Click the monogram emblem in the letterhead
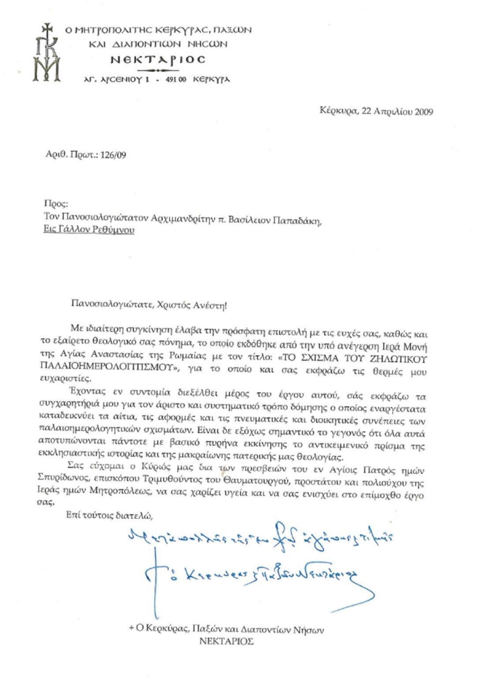click(47, 53)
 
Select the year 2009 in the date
click(424, 112)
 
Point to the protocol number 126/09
click(113, 155)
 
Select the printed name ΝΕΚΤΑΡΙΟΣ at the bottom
click(226, 641)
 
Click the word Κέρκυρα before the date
click(338, 111)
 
